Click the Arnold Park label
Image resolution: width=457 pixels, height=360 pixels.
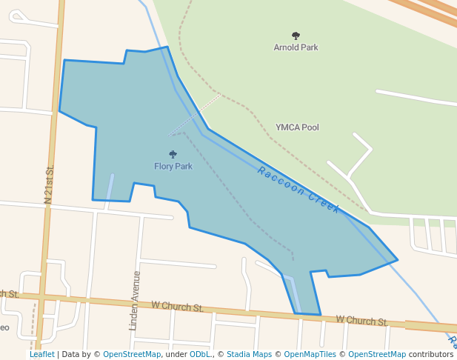click(296, 47)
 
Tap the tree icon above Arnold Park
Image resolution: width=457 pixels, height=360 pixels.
click(296, 36)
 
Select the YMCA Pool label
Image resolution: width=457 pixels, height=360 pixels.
click(297, 127)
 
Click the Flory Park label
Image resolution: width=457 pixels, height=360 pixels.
click(173, 167)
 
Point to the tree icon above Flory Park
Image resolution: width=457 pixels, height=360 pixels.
click(173, 155)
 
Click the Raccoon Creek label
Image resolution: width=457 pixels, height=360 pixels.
click(298, 190)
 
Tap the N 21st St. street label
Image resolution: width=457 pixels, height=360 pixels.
click(50, 185)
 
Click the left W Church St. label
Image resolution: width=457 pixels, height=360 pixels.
click(177, 306)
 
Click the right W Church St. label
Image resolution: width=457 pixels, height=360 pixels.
click(361, 321)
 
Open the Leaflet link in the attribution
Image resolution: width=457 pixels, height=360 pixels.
click(42, 355)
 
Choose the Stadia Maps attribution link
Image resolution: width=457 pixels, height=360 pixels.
click(249, 355)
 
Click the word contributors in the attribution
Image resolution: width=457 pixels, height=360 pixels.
click(431, 355)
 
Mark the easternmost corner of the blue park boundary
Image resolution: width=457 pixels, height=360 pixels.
click(398, 260)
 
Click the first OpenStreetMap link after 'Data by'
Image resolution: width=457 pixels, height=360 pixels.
click(131, 355)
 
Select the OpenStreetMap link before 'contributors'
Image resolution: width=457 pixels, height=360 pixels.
click(377, 355)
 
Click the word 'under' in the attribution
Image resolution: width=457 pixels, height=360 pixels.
click(176, 355)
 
